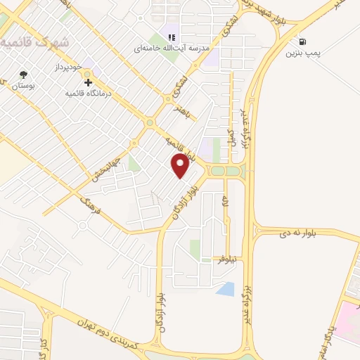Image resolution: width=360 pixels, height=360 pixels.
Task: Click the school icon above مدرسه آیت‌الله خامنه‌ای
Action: pyautogui.click(x=170, y=37)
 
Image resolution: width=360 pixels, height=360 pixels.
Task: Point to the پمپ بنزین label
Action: pyautogui.click(x=303, y=53)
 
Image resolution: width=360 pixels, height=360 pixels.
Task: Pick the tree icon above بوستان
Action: pyautogui.click(x=25, y=73)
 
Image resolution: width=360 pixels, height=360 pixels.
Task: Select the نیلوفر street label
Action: pyautogui.click(x=224, y=259)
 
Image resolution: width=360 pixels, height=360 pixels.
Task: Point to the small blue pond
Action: pyautogui.click(x=226, y=288)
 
